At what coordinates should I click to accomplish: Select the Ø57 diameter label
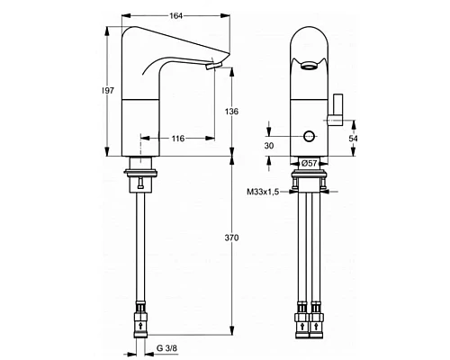309,162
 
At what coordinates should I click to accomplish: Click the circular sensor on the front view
310,137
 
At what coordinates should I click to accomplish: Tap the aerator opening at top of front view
310,66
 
